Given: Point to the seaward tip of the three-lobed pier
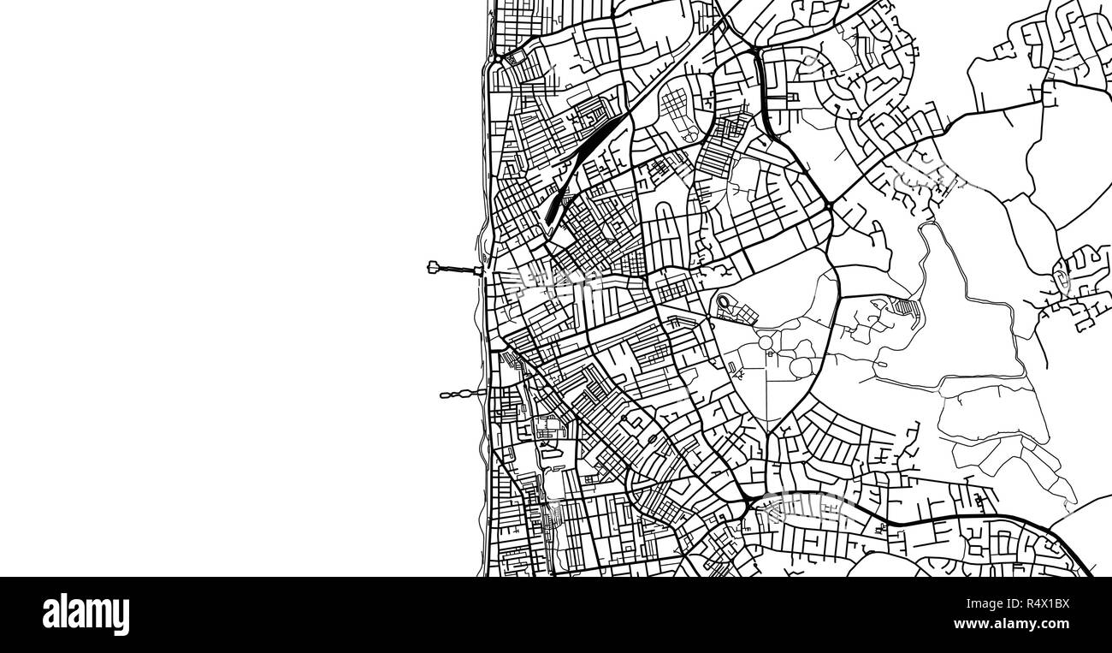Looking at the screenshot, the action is click(x=443, y=395).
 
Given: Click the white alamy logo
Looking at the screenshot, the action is click(x=86, y=614).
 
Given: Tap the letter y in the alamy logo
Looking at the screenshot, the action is click(x=121, y=618).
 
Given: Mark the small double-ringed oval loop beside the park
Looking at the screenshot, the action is click(x=725, y=301).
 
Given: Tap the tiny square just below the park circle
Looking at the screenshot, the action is click(x=767, y=353).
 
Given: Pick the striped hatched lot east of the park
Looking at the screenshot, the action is click(x=905, y=306).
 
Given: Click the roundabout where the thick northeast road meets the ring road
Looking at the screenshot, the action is click(x=830, y=206).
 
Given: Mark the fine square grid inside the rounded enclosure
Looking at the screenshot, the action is click(x=672, y=108).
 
